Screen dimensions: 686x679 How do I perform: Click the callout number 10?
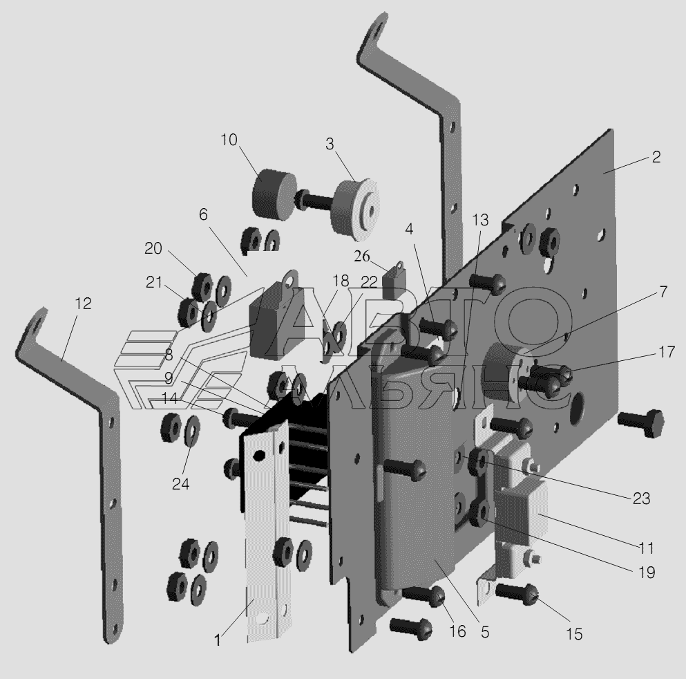[229, 140]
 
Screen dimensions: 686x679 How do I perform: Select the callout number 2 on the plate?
[656, 157]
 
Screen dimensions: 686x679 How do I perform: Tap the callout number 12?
[83, 304]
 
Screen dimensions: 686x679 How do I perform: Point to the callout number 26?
[362, 256]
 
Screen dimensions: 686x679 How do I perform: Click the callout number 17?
[667, 352]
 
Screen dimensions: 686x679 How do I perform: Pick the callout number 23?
[641, 499]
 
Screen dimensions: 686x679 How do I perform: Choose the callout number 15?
[574, 634]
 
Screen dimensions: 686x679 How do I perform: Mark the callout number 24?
[181, 484]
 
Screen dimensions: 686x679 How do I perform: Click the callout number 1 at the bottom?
[218, 640]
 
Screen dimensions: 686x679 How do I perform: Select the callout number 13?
[480, 220]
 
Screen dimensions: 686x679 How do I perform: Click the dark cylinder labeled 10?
[274, 193]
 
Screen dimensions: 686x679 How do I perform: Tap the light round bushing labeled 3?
[354, 209]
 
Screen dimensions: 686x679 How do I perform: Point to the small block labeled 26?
[394, 281]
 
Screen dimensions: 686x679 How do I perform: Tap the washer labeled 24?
[192, 429]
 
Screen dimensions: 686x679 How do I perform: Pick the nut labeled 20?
[202, 287]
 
